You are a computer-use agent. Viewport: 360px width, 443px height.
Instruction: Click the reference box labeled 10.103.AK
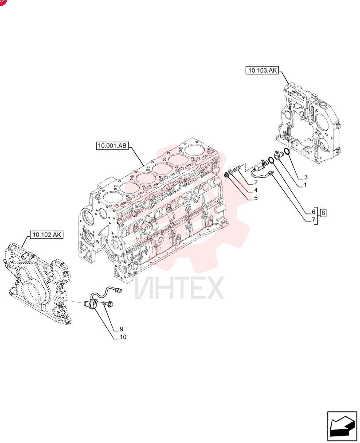pos(262,70)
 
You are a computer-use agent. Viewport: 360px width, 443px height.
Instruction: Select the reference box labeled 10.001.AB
pos(112,146)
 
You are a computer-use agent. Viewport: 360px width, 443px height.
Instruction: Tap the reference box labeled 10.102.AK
pos(47,234)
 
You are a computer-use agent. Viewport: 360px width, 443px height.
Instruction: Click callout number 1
pos(305,185)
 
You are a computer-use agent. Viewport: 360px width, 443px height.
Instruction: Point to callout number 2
pos(256,182)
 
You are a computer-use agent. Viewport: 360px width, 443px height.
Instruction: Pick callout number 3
pos(306,177)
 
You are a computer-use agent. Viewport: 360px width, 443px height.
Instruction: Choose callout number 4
pos(256,190)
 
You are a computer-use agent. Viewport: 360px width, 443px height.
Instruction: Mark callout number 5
pos(256,198)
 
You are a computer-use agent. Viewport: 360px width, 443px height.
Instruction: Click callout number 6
pos(313,212)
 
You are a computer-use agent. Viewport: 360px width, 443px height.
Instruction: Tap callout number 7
pos(313,220)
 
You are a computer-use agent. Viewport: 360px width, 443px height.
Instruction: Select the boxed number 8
pos(323,212)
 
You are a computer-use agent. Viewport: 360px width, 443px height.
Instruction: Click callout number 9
pos(121,329)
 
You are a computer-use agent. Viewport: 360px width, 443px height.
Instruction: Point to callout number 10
pos(123,337)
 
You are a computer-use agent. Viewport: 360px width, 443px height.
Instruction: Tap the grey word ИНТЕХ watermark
pos(179,288)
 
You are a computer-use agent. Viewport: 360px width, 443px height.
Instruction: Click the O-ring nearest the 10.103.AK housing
pos(286,151)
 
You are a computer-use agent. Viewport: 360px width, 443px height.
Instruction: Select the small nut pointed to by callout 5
pos(226,176)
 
